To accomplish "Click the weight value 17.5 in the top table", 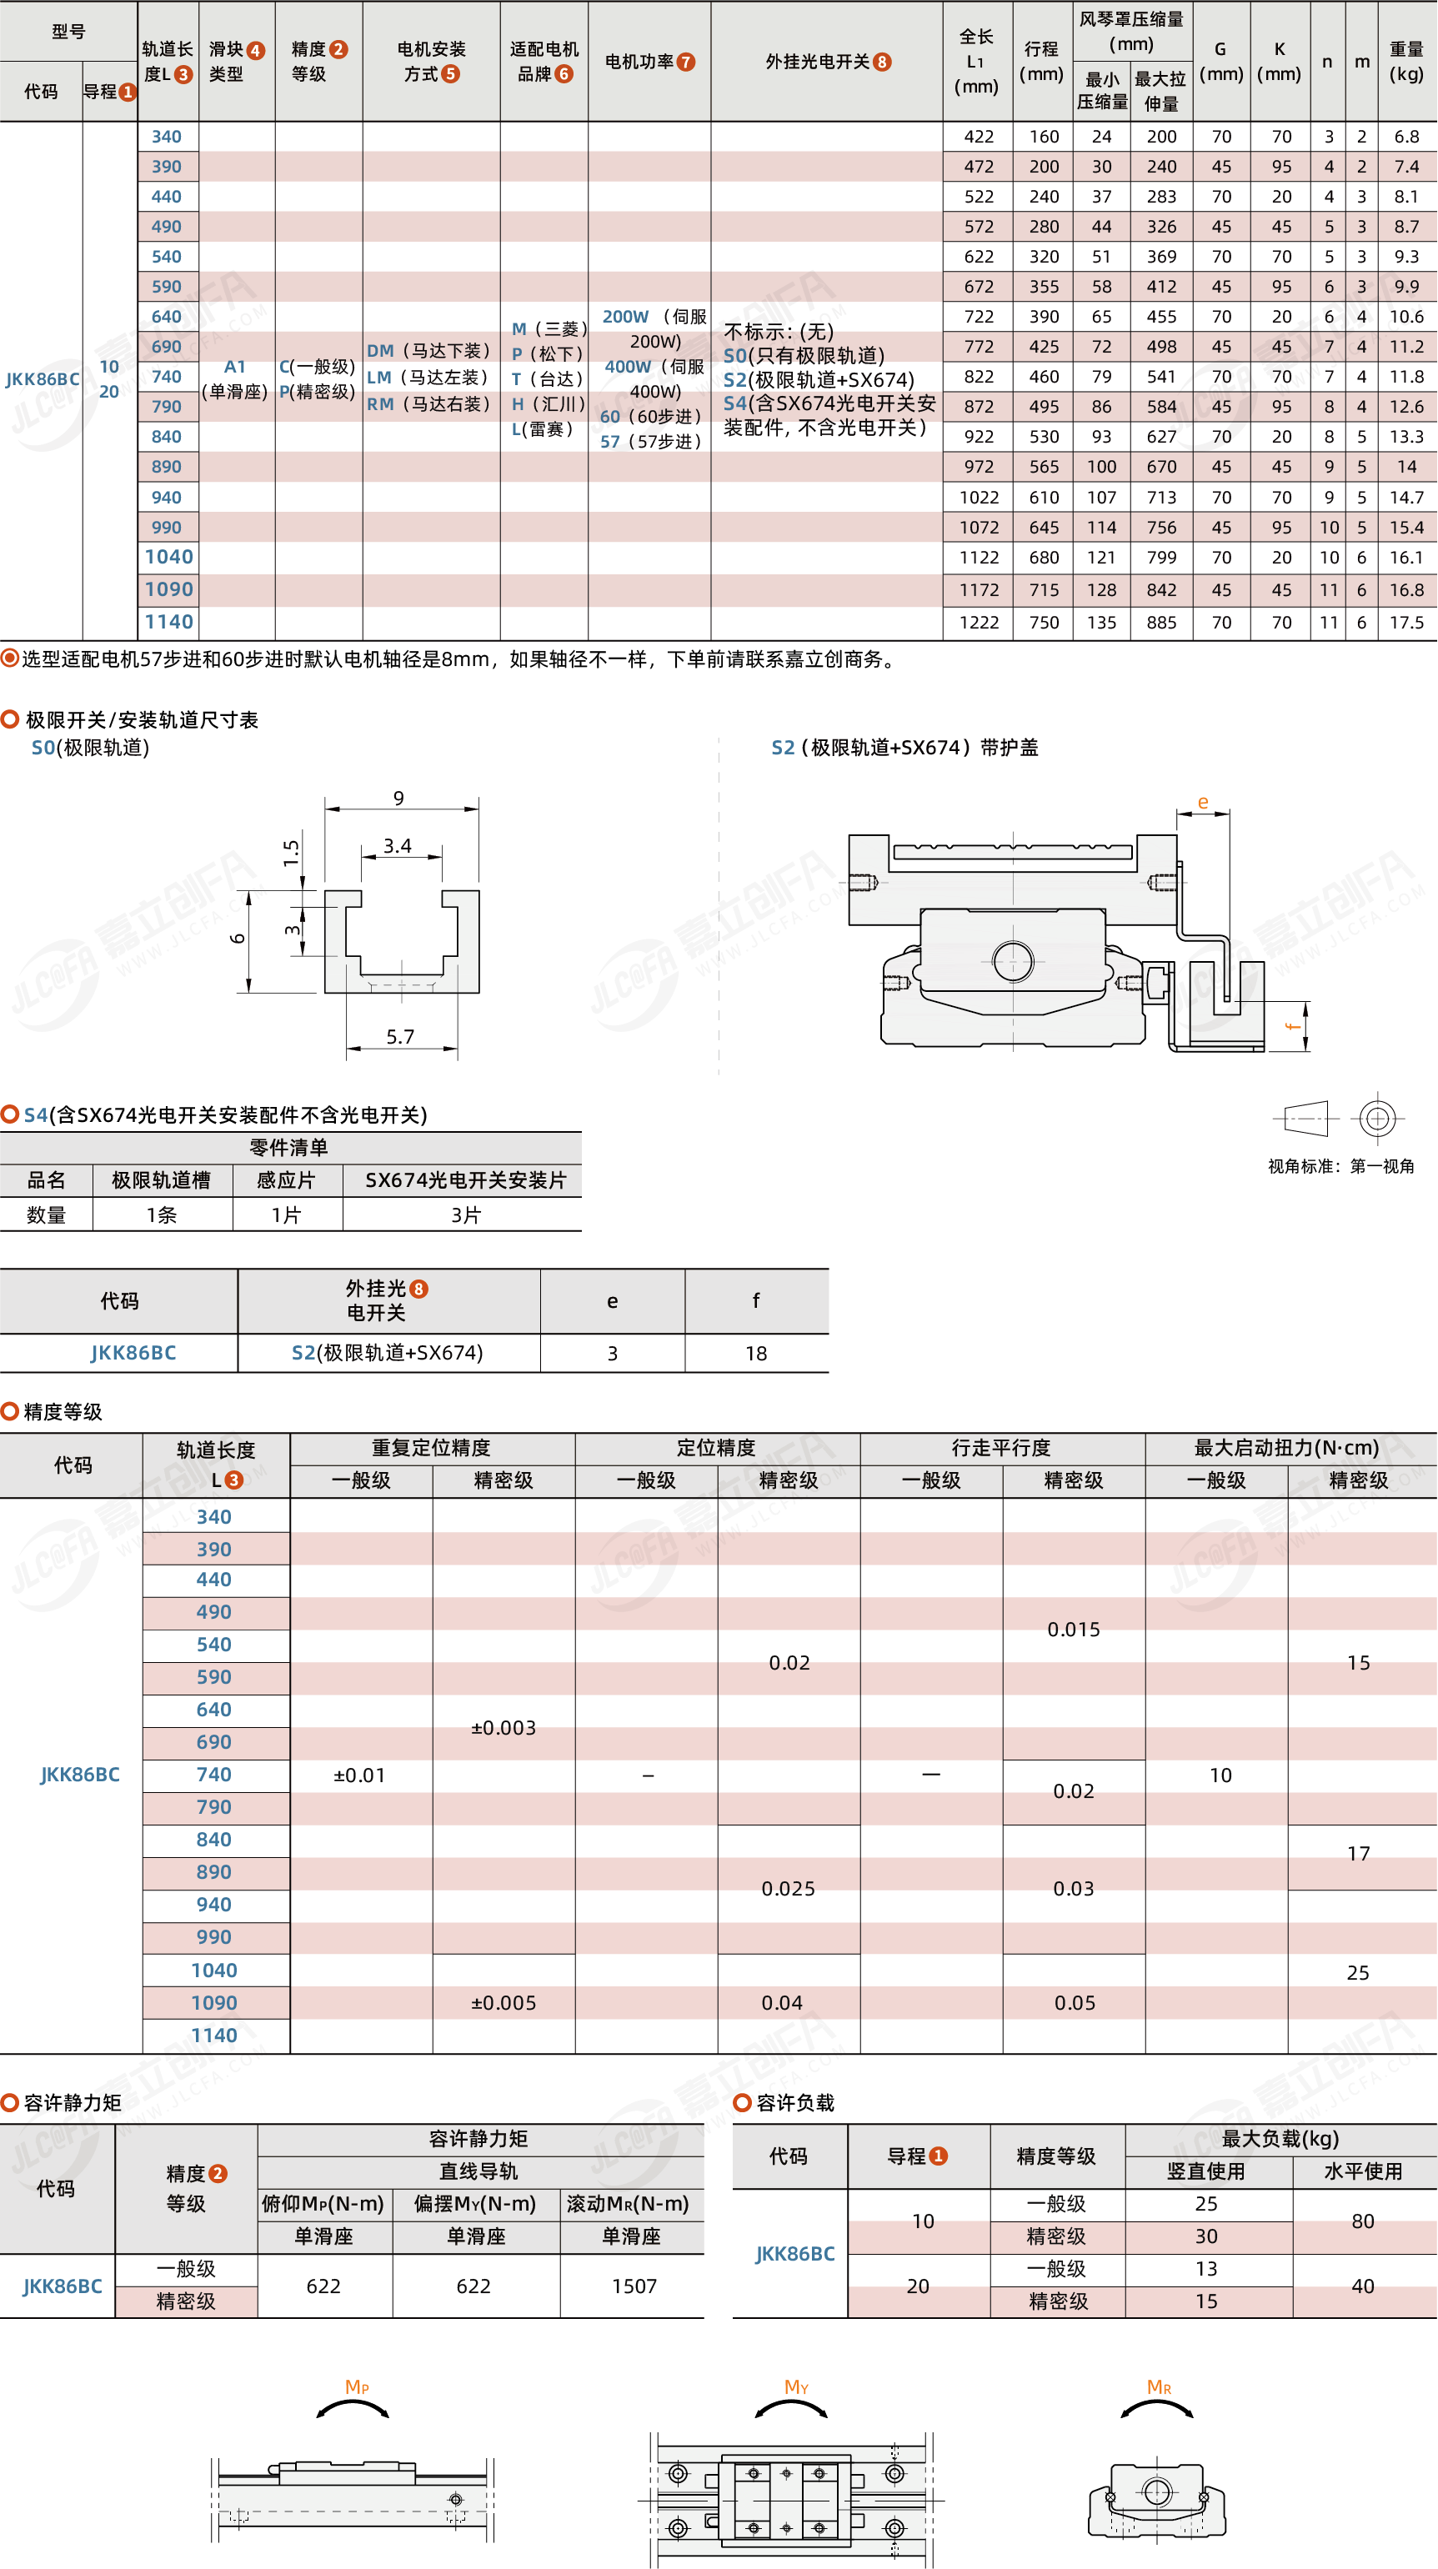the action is point(1406,623).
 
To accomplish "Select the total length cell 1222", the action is point(979,623).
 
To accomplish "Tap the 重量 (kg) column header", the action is point(1406,61).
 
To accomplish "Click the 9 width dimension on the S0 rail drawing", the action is point(399,798).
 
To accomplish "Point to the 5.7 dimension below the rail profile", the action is point(400,1036).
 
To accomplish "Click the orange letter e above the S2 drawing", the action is point(1203,802).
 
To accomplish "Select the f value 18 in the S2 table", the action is point(756,1354).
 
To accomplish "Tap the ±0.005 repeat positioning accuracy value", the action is point(504,2002).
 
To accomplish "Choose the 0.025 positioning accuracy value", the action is point(788,1889).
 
